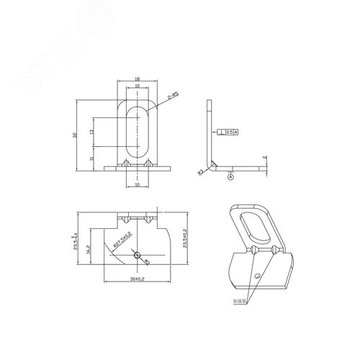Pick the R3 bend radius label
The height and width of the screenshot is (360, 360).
click(201, 172)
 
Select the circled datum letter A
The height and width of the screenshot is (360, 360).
click(230, 176)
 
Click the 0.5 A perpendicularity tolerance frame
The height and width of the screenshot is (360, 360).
click(230, 132)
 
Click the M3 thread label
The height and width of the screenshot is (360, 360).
click(146, 261)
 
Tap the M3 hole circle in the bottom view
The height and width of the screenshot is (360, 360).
click(138, 255)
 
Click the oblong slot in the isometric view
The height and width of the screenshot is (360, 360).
click(252, 226)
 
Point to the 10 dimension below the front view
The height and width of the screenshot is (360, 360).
click(138, 184)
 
